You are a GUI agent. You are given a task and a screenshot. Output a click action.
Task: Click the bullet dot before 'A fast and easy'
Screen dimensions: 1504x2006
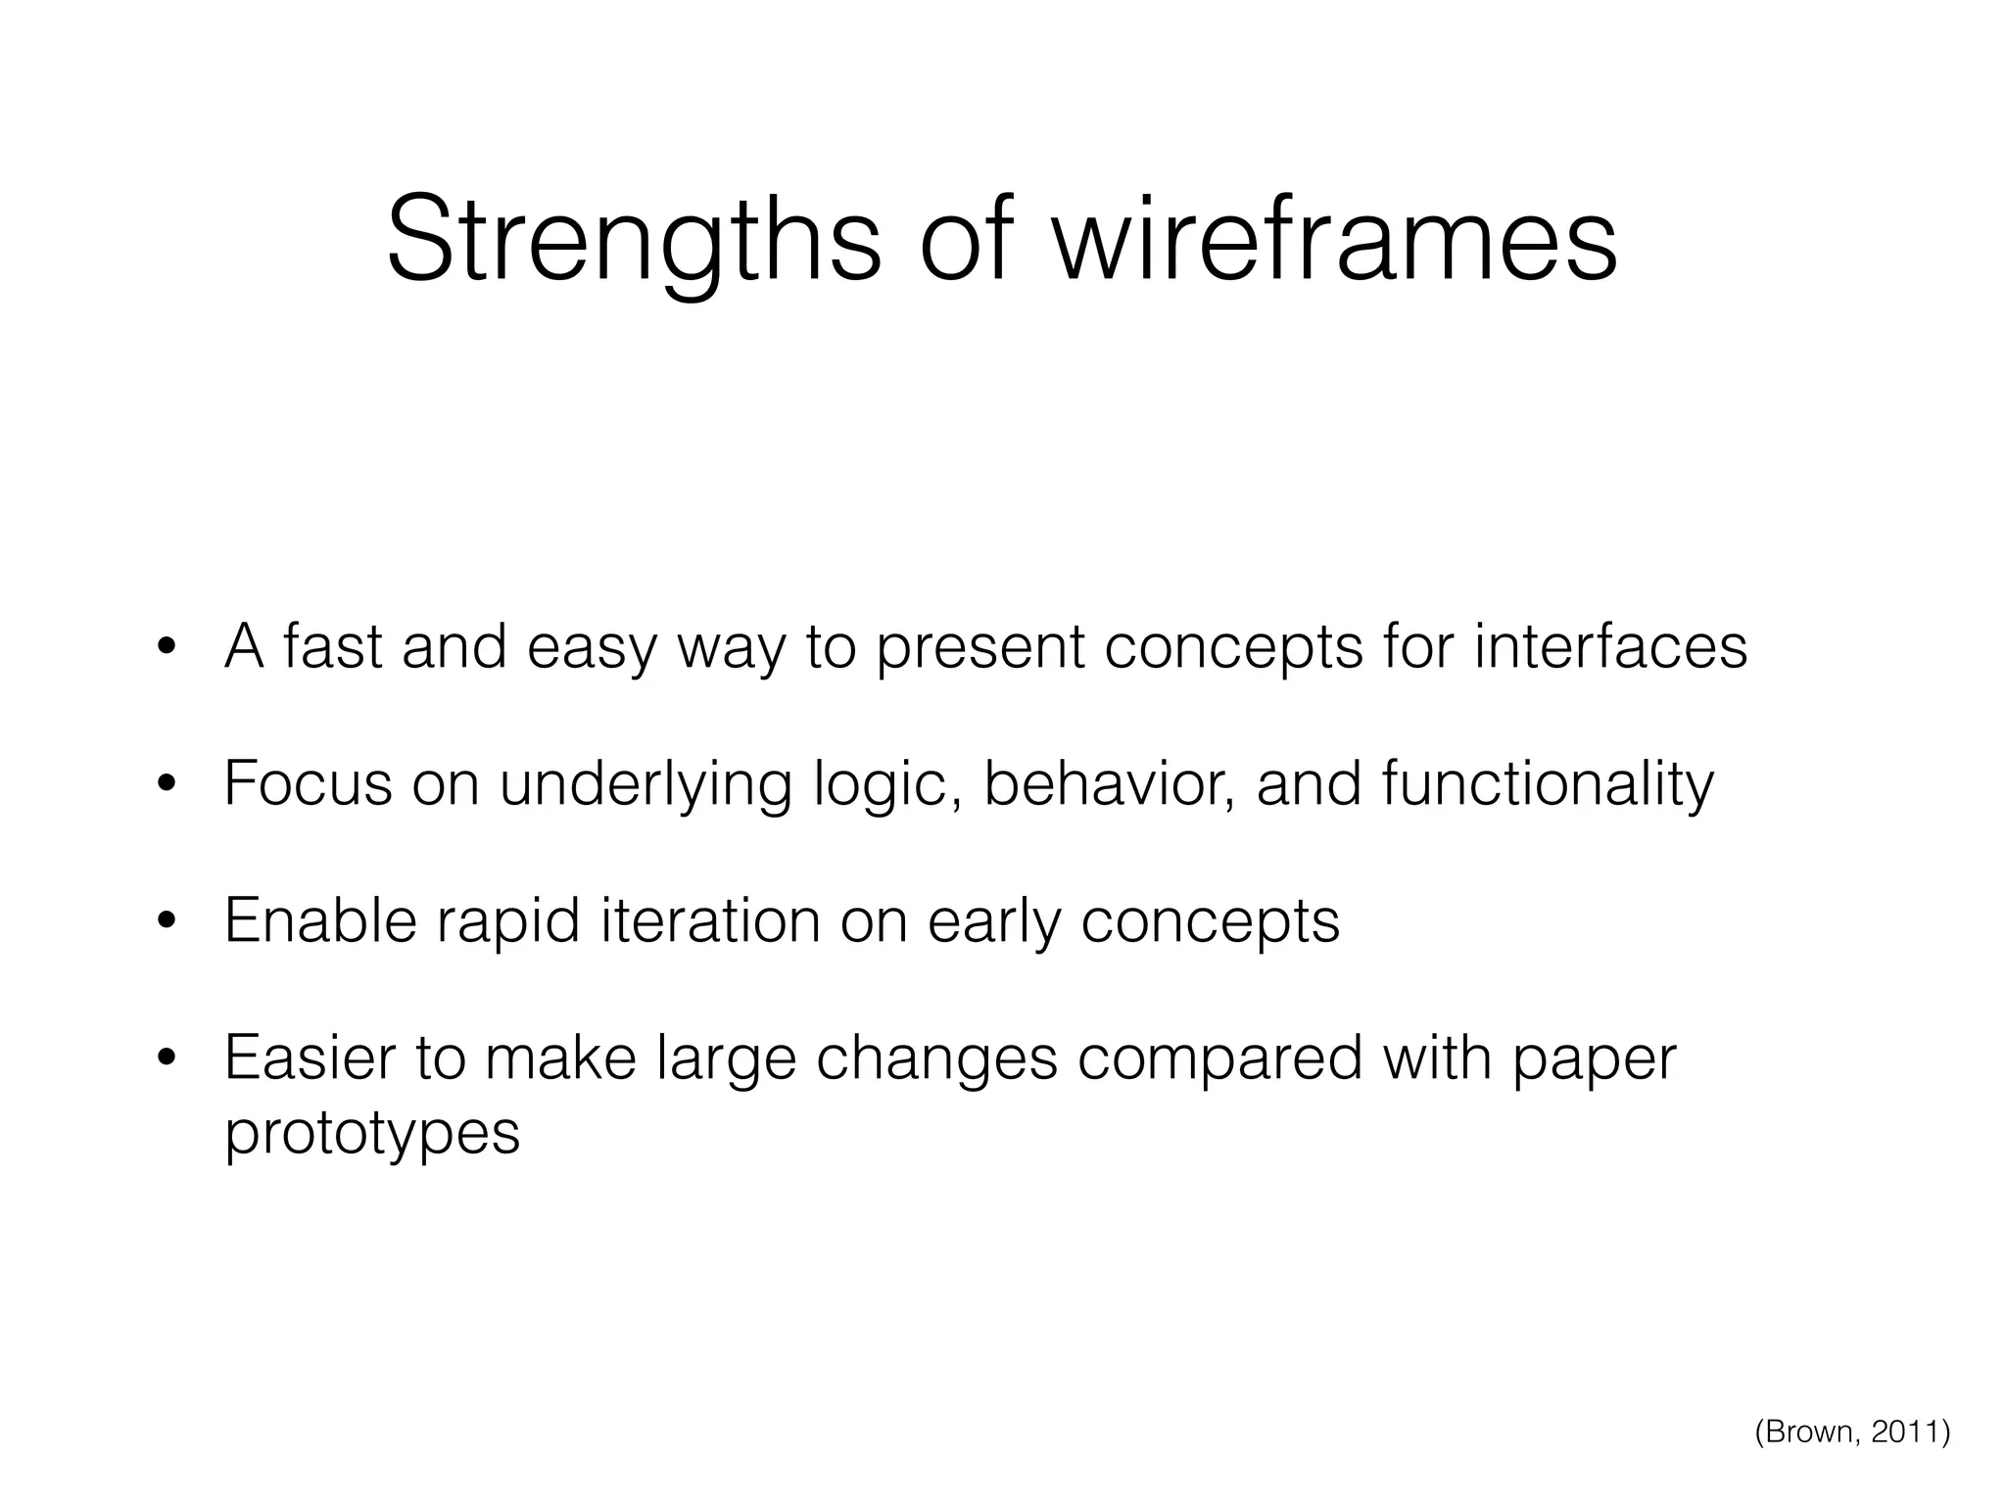click(167, 647)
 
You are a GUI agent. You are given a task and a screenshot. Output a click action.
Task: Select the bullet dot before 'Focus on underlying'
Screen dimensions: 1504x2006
click(167, 784)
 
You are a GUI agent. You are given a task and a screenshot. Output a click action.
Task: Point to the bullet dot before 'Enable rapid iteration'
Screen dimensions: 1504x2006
click(167, 921)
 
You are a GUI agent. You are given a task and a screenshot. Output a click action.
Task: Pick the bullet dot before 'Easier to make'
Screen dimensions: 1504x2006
click(167, 1058)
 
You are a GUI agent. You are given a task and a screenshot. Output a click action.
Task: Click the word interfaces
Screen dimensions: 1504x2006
click(1610, 647)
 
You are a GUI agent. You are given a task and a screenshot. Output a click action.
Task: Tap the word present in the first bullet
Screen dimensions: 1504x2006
click(980, 649)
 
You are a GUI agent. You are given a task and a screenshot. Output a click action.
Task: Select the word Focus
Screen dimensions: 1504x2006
click(308, 784)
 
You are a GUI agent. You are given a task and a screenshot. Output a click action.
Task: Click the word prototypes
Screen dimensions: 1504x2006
click(372, 1134)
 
